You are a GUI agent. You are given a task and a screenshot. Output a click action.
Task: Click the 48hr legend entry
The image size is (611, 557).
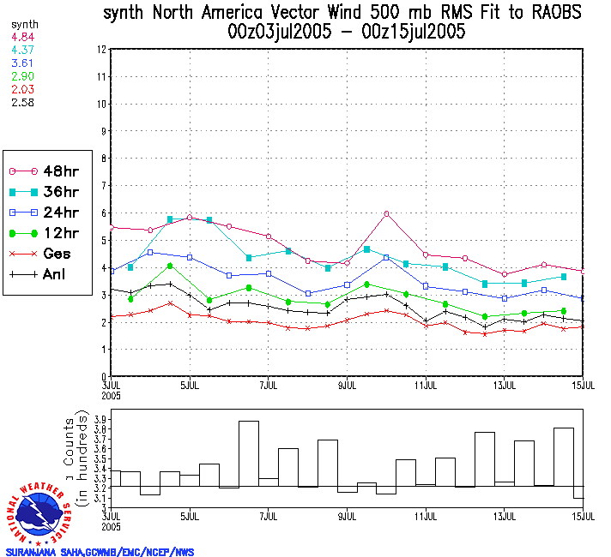(x=38, y=171)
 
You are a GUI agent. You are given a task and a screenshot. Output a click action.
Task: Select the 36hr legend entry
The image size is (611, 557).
(x=38, y=191)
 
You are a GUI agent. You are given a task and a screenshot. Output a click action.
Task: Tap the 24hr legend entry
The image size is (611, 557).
(x=38, y=212)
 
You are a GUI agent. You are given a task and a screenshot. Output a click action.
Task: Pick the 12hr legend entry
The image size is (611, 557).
(x=38, y=233)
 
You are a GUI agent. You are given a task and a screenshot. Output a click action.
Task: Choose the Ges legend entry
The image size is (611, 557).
(x=38, y=254)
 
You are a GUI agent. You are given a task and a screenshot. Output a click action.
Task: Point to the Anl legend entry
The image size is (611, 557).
(x=38, y=274)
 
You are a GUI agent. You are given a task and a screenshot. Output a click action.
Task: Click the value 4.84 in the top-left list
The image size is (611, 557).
(x=22, y=38)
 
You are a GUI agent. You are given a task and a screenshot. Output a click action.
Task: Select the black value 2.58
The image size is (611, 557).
(x=22, y=103)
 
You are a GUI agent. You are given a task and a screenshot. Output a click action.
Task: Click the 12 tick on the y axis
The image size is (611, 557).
(x=101, y=50)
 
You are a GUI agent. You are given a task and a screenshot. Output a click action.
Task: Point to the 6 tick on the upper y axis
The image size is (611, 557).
(x=103, y=213)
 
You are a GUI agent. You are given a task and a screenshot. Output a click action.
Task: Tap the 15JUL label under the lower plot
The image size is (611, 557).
(x=584, y=517)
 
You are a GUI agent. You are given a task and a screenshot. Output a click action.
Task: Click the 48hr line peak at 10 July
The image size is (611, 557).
(x=387, y=213)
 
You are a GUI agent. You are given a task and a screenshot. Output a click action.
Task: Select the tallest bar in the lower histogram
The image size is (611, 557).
(x=248, y=454)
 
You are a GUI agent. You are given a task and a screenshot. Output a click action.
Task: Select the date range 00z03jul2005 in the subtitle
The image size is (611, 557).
(x=280, y=33)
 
